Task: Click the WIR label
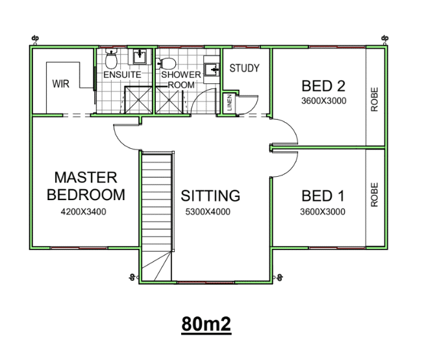[60, 84]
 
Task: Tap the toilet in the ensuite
[111, 59]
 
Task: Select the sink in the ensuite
[140, 57]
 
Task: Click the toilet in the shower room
[166, 64]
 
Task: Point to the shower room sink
[212, 69]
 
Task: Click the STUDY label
[244, 68]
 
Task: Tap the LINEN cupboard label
[229, 103]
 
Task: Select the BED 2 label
[323, 86]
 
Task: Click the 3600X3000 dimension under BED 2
[324, 101]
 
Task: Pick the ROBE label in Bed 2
[374, 99]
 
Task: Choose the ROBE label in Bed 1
[374, 194]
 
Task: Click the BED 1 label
[323, 196]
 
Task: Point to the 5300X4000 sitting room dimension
[208, 212]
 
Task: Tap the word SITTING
[210, 196]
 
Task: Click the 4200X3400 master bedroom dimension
[84, 212]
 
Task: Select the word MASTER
[86, 177]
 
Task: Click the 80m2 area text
[206, 324]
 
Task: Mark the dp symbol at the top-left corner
[35, 38]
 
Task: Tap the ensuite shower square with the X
[138, 100]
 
